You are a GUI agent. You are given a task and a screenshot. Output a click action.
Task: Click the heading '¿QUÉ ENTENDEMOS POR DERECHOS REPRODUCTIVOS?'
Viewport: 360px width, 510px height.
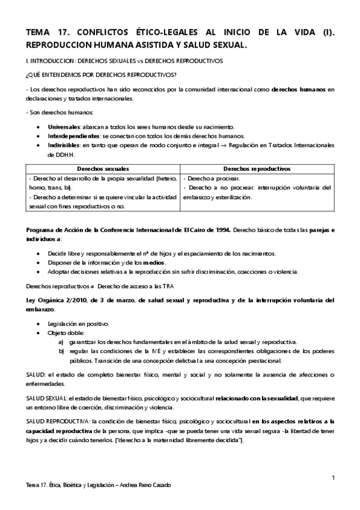click(x=100, y=74)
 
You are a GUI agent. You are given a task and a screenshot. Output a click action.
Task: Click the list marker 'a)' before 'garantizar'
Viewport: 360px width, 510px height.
click(x=61, y=342)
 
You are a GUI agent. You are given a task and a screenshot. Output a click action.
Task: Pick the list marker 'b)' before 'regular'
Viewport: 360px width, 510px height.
click(x=61, y=351)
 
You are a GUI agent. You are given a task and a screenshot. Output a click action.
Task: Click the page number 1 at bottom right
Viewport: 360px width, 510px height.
click(x=332, y=478)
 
